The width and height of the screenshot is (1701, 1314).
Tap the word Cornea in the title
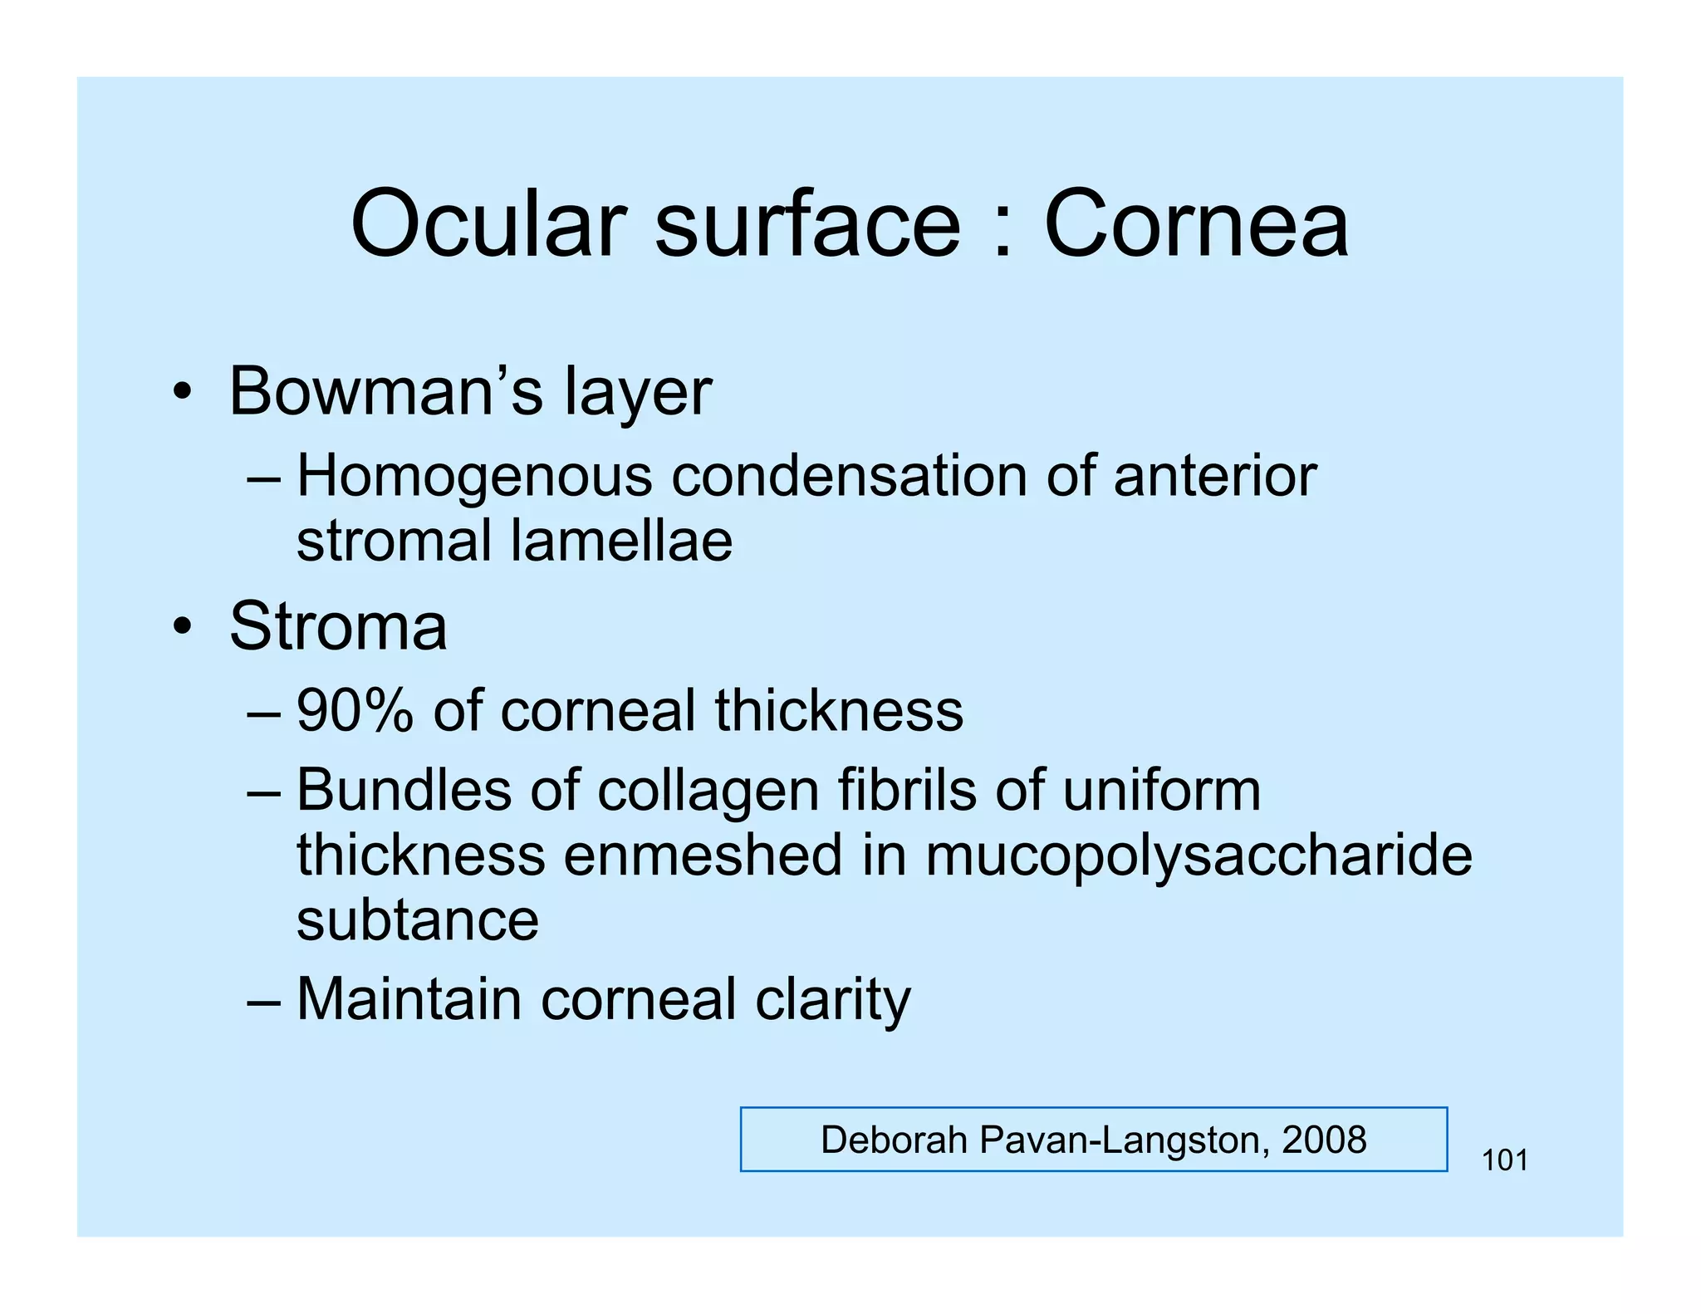pyautogui.click(x=1196, y=224)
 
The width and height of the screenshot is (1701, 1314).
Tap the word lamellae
pyautogui.click(x=621, y=541)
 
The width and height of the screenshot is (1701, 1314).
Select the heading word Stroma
pyautogui.click(x=338, y=626)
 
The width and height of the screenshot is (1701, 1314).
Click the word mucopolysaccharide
pyautogui.click(x=1199, y=856)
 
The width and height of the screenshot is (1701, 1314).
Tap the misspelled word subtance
pyautogui.click(x=418, y=919)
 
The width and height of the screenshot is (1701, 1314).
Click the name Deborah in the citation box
pyautogui.click(x=896, y=1140)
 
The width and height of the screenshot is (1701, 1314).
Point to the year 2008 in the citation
pyautogui.click(x=1324, y=1140)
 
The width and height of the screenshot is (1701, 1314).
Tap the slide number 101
pyautogui.click(x=1505, y=1160)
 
